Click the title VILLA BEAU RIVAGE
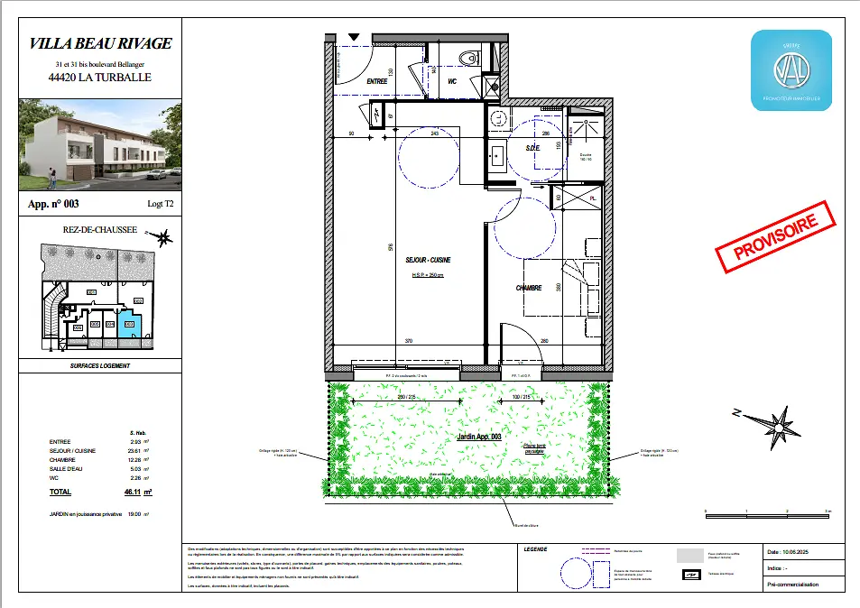100,42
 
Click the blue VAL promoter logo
791,70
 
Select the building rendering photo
100,144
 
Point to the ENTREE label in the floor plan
376,82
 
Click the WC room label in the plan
452,82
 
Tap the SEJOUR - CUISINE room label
427,260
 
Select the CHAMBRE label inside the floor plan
528,288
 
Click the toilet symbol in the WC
467,58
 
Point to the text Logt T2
161,205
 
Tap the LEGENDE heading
535,549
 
